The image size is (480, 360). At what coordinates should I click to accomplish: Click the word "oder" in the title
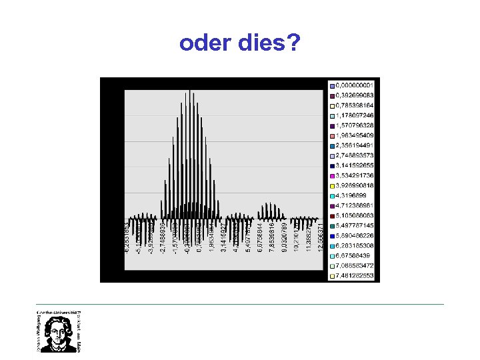pyautogui.click(x=203, y=44)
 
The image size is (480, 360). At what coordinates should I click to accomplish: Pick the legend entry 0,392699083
pyautogui.click(x=356, y=94)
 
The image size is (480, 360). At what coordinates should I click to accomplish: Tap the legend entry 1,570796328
pyautogui.click(x=356, y=123)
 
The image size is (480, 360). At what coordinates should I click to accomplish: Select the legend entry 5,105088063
pyautogui.click(x=356, y=215)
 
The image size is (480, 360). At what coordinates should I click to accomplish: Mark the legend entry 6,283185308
pyautogui.click(x=356, y=245)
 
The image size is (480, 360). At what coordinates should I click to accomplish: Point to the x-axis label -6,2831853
pyautogui.click(x=128, y=237)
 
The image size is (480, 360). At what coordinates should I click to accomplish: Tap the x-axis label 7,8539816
pyautogui.click(x=273, y=237)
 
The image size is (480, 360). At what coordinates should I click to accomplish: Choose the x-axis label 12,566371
pyautogui.click(x=320, y=237)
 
